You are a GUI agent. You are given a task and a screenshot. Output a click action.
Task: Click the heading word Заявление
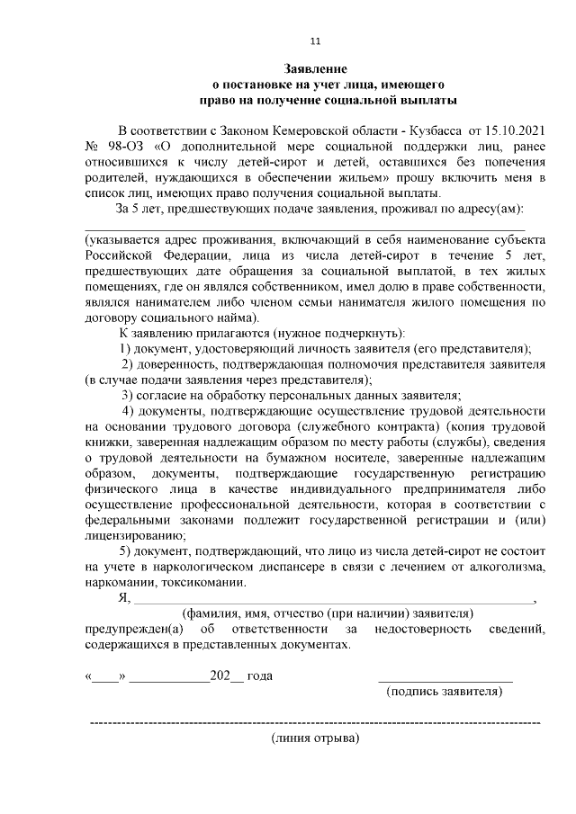(x=315, y=68)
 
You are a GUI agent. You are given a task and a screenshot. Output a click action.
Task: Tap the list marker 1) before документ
(x=126, y=348)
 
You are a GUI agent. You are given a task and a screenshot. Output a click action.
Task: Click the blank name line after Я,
(x=333, y=601)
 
